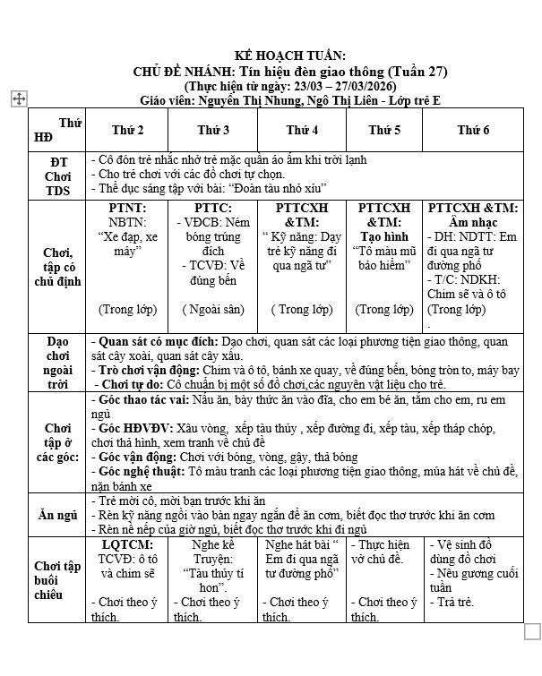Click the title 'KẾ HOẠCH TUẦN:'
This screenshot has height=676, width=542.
click(x=288, y=56)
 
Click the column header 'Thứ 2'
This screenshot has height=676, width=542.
click(x=128, y=131)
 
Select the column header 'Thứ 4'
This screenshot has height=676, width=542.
click(x=303, y=131)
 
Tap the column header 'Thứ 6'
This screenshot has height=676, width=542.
click(x=473, y=131)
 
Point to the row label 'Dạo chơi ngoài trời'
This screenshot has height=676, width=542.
click(x=57, y=362)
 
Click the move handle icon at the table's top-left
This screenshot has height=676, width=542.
click(x=19, y=99)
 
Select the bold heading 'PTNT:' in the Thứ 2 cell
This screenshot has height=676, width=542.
click(x=127, y=208)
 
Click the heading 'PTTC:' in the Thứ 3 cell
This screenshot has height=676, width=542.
click(x=213, y=208)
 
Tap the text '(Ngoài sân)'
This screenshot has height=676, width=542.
click(x=213, y=309)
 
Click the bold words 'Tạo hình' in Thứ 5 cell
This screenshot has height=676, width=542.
click(x=384, y=236)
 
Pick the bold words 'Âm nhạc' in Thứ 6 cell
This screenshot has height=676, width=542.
click(x=473, y=222)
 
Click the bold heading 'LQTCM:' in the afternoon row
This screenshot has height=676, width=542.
click(x=127, y=544)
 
